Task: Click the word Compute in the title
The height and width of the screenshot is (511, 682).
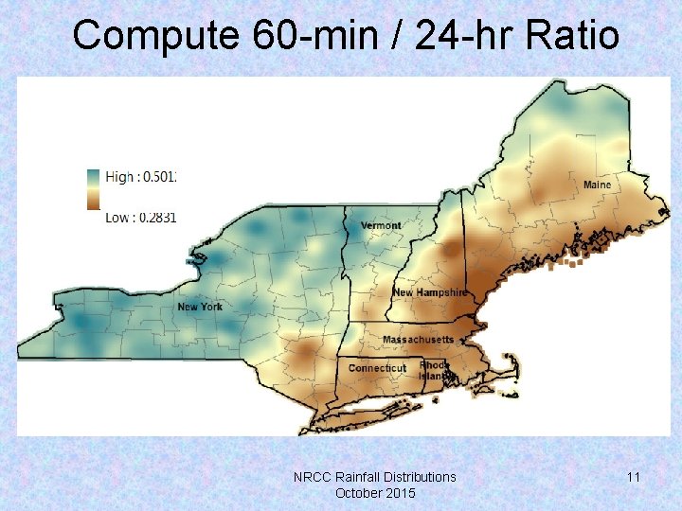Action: (x=155, y=36)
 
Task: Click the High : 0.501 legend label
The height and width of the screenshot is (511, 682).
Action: (x=141, y=177)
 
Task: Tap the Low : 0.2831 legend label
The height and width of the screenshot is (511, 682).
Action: (x=141, y=217)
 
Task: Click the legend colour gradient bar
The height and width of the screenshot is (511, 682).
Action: (x=93, y=188)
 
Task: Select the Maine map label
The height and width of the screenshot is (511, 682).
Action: (x=597, y=184)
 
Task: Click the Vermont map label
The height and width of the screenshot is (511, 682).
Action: (x=381, y=225)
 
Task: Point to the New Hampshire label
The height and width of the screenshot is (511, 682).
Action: (x=430, y=293)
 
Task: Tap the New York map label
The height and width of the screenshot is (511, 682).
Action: (x=200, y=307)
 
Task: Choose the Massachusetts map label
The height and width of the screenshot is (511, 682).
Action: (x=418, y=339)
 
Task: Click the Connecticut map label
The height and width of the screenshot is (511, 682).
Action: (x=377, y=368)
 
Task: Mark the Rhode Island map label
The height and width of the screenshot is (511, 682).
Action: (x=434, y=370)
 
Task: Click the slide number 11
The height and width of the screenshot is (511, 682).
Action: (x=633, y=477)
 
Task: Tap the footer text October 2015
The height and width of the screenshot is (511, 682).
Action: (x=375, y=493)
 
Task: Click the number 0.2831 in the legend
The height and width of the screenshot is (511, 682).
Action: (x=157, y=217)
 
